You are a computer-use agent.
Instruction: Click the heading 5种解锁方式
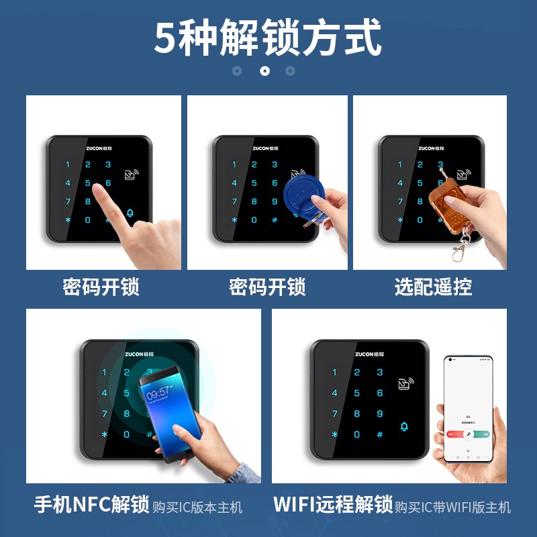(268, 38)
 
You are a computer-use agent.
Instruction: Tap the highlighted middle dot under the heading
(264, 70)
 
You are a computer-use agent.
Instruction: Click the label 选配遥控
(434, 287)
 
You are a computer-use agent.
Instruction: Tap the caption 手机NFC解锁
(91, 505)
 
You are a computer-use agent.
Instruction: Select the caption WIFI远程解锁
(332, 505)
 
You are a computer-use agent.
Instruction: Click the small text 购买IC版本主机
(197, 507)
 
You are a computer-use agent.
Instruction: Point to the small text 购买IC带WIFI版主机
(453, 507)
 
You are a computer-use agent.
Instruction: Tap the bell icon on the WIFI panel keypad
(404, 427)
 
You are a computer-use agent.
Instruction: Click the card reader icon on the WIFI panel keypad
(405, 385)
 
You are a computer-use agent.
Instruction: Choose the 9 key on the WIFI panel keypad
(379, 413)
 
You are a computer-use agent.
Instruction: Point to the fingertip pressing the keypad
(99, 191)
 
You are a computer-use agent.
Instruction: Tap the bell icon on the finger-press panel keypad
(130, 213)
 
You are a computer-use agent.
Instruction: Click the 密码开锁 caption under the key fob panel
(267, 287)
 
